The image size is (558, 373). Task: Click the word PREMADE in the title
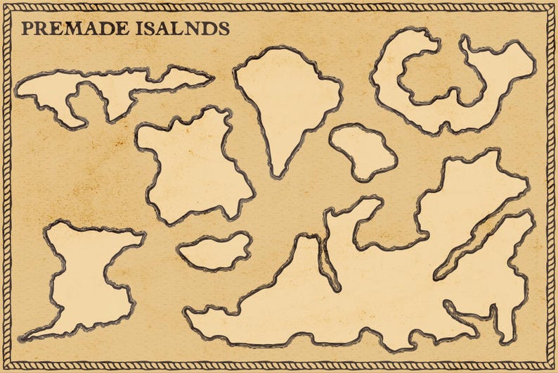click(73, 29)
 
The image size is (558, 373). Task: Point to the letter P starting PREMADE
click(27, 29)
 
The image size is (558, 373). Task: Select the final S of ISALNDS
click(223, 29)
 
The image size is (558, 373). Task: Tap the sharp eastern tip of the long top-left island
click(212, 78)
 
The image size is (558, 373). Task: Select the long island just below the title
click(112, 88)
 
